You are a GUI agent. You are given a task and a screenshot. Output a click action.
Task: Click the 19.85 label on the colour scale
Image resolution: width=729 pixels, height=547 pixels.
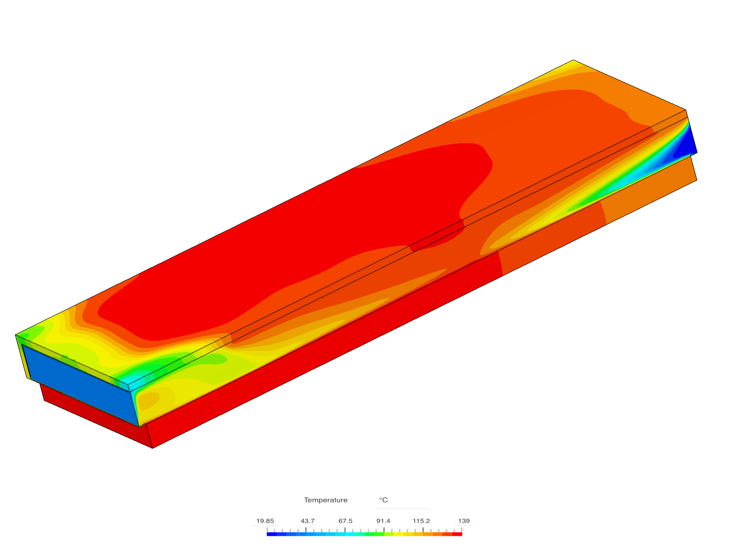point(265,521)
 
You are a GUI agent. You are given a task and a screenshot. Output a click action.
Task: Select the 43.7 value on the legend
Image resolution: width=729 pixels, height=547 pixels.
point(307,521)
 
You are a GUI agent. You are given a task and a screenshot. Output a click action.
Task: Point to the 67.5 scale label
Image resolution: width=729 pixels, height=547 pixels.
point(345,521)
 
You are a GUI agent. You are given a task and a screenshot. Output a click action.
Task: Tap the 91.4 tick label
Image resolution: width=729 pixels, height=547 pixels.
point(383,521)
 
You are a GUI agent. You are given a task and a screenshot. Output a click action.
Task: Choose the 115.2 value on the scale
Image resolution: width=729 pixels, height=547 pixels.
point(421,521)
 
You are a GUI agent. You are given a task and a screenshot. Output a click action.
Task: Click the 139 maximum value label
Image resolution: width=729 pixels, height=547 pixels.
point(464,521)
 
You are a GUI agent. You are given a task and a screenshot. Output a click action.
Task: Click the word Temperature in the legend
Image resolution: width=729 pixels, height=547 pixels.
point(326,500)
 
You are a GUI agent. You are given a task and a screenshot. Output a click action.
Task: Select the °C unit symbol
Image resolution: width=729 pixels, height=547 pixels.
point(383,500)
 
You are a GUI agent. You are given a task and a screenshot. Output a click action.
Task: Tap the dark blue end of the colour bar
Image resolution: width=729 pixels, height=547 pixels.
point(271,534)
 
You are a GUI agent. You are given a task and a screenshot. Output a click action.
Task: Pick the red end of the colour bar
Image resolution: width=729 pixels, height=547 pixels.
point(458,534)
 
